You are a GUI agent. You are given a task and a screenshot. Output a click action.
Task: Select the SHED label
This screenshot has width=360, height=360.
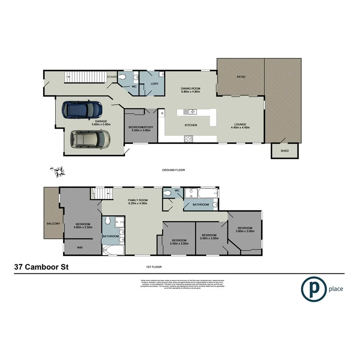[285, 151]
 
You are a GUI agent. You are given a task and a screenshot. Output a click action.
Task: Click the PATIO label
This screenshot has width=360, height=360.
[241, 77]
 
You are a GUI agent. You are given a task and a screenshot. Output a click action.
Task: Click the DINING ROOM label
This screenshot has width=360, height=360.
[190, 89]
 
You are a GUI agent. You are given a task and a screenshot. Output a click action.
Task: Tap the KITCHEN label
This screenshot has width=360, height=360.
[191, 125]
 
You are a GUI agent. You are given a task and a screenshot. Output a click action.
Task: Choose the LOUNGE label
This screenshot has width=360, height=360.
[240, 124]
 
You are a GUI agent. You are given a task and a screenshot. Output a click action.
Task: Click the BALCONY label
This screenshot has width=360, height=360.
[53, 223]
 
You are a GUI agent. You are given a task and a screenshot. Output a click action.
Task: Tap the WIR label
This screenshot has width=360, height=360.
[80, 248]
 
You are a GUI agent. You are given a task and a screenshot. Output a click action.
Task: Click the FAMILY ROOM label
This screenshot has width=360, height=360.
[138, 200]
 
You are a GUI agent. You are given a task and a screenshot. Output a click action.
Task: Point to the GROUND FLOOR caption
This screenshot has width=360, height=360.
[174, 170]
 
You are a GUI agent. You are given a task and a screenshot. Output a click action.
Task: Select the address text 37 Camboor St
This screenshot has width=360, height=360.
[41, 267]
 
